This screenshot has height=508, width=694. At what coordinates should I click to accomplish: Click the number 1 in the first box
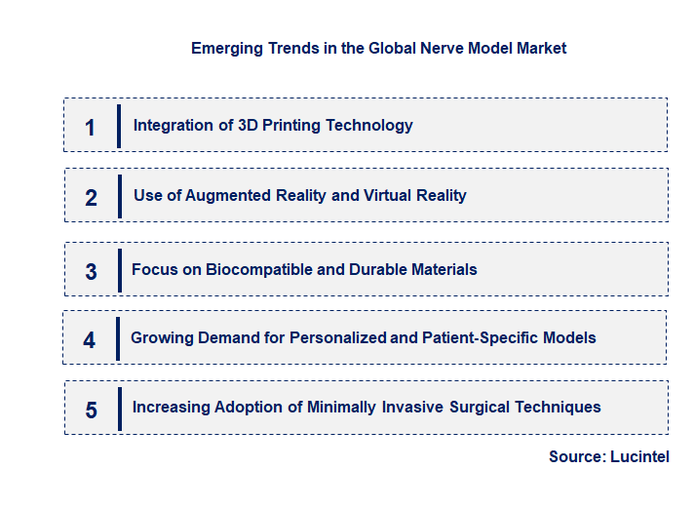(90, 127)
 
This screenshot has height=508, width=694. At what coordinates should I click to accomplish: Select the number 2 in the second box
(91, 198)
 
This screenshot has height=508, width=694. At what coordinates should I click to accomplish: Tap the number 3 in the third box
(91, 272)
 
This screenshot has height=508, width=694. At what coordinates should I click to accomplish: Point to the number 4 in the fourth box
(90, 340)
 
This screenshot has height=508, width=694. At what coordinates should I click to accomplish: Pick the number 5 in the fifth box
(91, 410)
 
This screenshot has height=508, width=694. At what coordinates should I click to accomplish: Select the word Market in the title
(540, 48)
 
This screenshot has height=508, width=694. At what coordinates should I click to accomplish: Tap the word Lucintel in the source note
(639, 456)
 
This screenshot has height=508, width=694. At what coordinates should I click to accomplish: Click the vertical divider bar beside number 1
(119, 126)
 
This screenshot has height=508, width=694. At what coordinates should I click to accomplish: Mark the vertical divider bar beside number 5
(119, 408)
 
